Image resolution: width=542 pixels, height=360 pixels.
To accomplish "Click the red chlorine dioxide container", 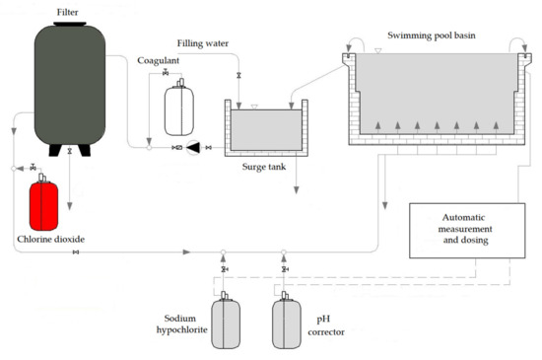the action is pos(43,205).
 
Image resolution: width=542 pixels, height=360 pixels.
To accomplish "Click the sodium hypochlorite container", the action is pos(226,324).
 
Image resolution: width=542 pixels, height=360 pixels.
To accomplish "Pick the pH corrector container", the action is pos(287,324).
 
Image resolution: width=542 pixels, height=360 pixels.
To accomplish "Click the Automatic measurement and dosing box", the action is pos(467,231).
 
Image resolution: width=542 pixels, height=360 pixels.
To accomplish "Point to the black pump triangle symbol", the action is pos(193,148).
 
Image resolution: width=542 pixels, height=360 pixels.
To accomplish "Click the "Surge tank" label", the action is pos(264,167).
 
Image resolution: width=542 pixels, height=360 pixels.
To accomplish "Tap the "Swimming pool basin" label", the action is pos(432,36).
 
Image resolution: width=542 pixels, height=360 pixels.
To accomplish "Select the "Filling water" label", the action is pos(203,43).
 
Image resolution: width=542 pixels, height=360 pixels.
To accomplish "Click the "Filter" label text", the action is pos(67,12).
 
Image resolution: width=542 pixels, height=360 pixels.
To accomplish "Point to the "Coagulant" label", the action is pos(159,60).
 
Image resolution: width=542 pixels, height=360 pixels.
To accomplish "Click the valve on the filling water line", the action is pos(238,75).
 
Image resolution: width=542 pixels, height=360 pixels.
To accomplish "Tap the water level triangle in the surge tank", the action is pos(254,107).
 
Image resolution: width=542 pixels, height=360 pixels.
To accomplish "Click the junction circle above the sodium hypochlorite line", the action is pos(224,252).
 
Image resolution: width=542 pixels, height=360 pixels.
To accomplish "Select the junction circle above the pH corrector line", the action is pos(284,252).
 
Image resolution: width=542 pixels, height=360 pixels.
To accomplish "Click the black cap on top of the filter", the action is pos(70,24).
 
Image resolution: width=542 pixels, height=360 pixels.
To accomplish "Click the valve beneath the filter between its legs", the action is pos(70,151).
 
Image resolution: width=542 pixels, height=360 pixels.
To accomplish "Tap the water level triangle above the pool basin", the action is pos(378,51).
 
